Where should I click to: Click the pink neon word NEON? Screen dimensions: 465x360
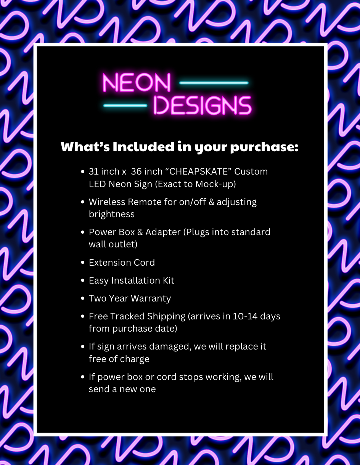(136, 83)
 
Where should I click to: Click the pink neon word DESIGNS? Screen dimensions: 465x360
(202, 106)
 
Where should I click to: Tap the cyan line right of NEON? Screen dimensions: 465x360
(214, 83)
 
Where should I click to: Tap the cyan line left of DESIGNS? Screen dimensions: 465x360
(125, 106)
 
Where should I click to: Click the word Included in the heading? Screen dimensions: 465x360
(143, 147)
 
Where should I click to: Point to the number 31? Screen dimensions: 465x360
(94, 172)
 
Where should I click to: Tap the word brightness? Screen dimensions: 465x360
(112, 214)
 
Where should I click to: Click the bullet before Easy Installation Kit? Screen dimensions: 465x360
(83, 281)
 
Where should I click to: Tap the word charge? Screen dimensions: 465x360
(134, 359)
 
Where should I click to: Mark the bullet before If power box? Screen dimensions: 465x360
(83, 377)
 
